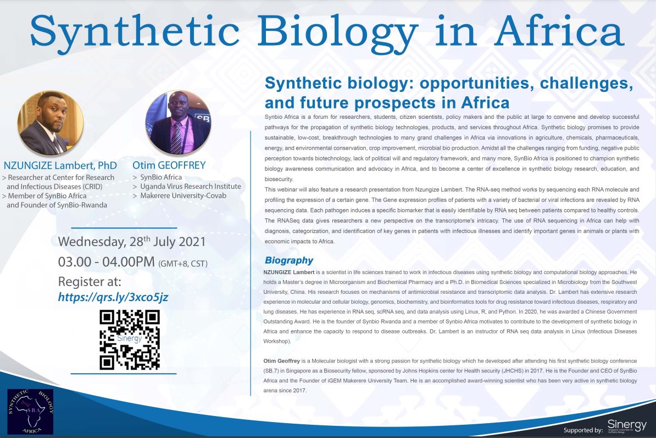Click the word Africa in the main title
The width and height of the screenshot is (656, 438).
pos(559,32)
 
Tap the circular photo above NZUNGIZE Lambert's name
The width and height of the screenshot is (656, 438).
pos(51,123)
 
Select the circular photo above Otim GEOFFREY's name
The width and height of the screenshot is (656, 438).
pos(178,123)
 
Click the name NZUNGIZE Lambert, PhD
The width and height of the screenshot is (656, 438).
pos(60,166)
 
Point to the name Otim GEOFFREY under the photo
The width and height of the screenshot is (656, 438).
pos(169,166)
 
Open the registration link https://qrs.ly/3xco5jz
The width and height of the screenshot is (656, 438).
pos(113,297)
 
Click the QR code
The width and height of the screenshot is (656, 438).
pos(130,340)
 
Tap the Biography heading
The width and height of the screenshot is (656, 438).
pos(289,261)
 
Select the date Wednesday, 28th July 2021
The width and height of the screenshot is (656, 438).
pos(132,242)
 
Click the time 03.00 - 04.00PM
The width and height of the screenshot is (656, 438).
pos(106,262)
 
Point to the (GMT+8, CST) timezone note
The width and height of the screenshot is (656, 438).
pos(183,264)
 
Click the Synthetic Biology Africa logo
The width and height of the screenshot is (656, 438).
pos(31,412)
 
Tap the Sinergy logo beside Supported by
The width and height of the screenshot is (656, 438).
pos(627,426)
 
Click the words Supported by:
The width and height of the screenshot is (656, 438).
pos(583,430)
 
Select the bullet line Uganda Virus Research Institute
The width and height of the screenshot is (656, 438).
pos(187,186)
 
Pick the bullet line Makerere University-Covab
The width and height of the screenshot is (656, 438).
pos(180,196)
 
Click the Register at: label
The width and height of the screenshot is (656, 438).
pos(90,281)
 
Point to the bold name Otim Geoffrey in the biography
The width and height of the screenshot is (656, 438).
pos(281,361)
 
